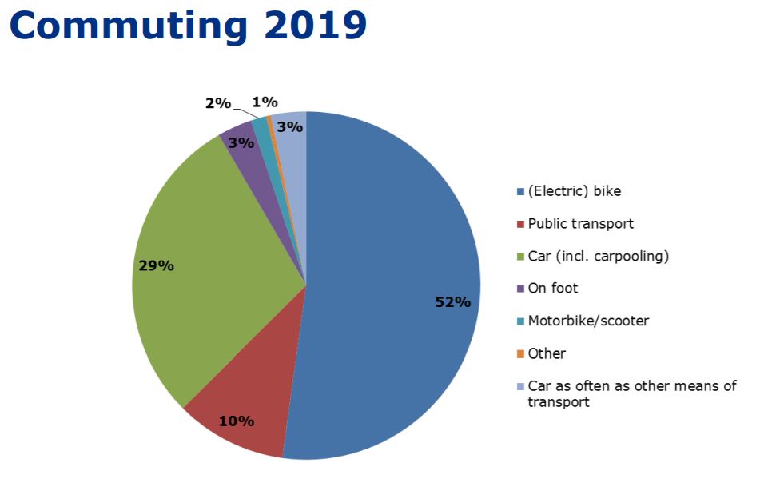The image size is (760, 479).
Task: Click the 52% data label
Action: (452, 303)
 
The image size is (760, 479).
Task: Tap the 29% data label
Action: (156, 265)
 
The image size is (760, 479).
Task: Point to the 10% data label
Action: (237, 421)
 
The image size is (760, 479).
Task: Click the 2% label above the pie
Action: (217, 103)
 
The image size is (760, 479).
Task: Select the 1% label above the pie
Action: (265, 102)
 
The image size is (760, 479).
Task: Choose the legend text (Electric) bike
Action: (574, 191)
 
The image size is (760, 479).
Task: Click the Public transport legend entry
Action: (581, 224)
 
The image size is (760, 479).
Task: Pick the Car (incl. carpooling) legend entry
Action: (598, 257)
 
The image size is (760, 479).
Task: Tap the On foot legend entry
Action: (552, 288)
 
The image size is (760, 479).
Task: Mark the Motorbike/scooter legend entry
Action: (588, 321)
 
